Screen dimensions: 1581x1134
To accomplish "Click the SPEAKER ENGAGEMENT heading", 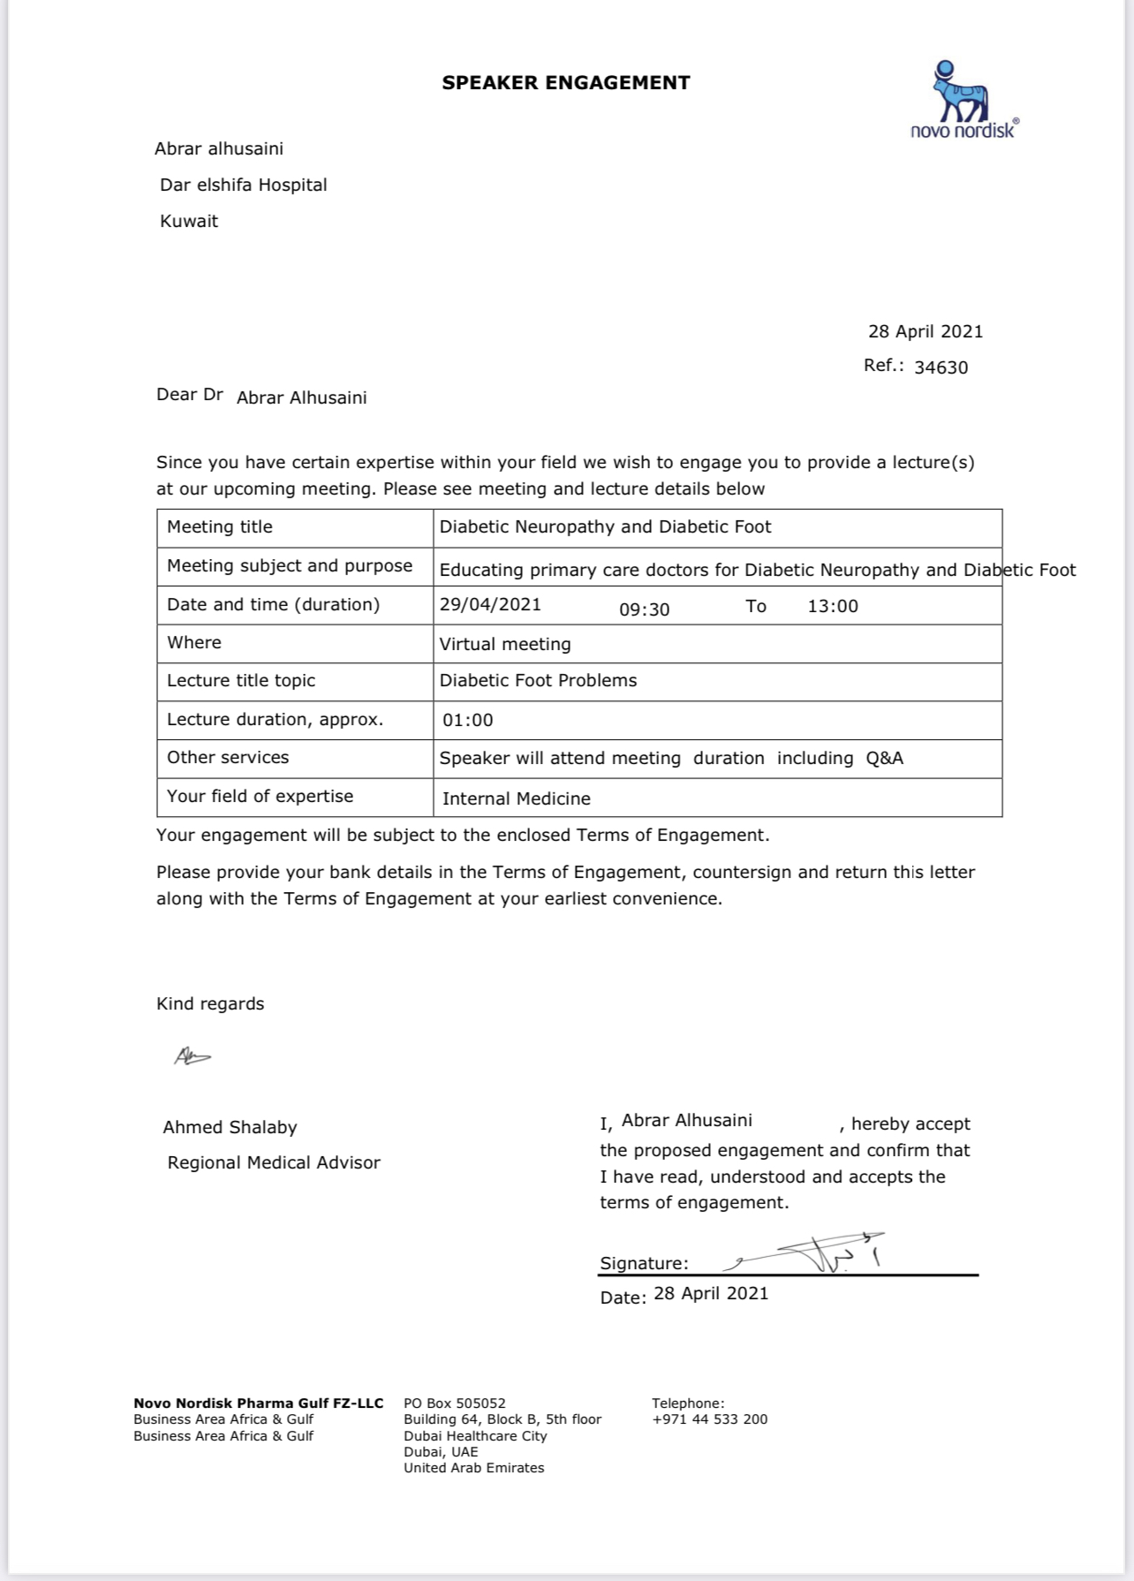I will [x=566, y=83].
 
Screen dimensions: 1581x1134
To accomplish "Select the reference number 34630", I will [x=941, y=367].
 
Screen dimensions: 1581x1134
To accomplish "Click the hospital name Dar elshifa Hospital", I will [x=243, y=185].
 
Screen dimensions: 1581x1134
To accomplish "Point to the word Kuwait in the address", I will [x=189, y=221].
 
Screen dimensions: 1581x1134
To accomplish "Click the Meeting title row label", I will [x=220, y=527].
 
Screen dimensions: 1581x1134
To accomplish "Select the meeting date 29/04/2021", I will [x=490, y=605].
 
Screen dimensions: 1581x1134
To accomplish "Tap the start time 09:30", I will [x=644, y=609].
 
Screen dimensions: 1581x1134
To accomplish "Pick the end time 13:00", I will [x=832, y=607].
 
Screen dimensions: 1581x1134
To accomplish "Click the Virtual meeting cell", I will [x=505, y=645].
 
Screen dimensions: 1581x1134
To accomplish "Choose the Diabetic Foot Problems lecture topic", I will [x=538, y=681].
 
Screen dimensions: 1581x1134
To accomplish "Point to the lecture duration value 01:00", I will [x=468, y=721].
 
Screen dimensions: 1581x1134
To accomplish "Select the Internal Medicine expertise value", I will [x=516, y=799].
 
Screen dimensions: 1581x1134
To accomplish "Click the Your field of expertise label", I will [x=260, y=797].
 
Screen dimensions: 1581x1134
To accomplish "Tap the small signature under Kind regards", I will [x=192, y=1055].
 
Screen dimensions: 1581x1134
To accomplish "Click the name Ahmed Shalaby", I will [x=230, y=1128].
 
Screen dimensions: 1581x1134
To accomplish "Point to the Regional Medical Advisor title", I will [x=274, y=1163].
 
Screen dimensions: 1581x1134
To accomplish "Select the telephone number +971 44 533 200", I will [x=709, y=1419].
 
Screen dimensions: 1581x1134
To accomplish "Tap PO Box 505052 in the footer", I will [x=455, y=1403].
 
